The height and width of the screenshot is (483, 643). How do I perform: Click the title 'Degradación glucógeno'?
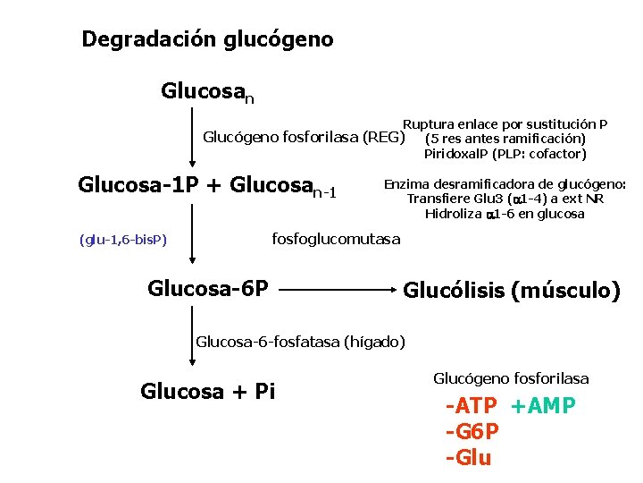207,39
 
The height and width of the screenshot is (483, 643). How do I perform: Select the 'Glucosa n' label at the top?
207,92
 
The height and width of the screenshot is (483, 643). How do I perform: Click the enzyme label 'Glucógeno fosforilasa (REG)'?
304,138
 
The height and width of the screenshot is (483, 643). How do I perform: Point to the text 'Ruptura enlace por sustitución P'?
505,124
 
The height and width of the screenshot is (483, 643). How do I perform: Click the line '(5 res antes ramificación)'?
505,139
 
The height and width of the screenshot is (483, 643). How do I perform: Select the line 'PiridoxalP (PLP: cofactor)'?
505,154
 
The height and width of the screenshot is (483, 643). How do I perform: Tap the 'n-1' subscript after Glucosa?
322,192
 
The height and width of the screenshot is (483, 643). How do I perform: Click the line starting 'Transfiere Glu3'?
505,199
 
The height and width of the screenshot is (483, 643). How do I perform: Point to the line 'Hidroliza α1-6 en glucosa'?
505,214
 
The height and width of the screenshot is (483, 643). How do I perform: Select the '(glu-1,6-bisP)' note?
123,240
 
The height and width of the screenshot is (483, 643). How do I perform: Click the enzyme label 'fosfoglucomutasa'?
336,239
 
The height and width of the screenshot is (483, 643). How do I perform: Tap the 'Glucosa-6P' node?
208,288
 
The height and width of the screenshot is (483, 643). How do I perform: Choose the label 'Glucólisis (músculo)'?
512,291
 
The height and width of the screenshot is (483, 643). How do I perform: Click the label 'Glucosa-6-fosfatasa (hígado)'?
300,341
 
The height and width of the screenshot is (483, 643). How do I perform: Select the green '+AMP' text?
543,407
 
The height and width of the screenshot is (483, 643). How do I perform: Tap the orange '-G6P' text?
472,432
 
